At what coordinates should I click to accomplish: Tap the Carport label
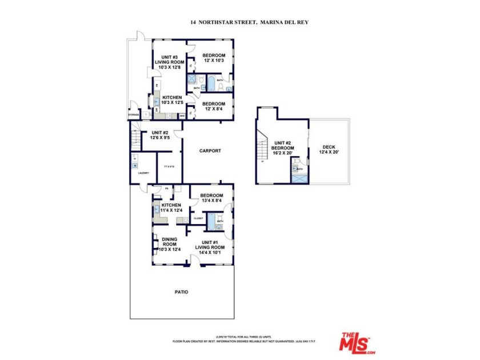pos(210,151)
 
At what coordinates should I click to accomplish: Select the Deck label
pos(328,149)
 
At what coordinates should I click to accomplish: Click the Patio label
pos(181,292)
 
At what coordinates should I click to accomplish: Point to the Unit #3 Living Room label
pos(169,62)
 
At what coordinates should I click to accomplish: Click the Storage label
pos(134,115)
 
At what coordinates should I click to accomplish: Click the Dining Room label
pos(169,244)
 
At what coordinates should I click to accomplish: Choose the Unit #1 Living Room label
pos(209,249)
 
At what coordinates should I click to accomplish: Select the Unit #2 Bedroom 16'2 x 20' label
pos(282,148)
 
